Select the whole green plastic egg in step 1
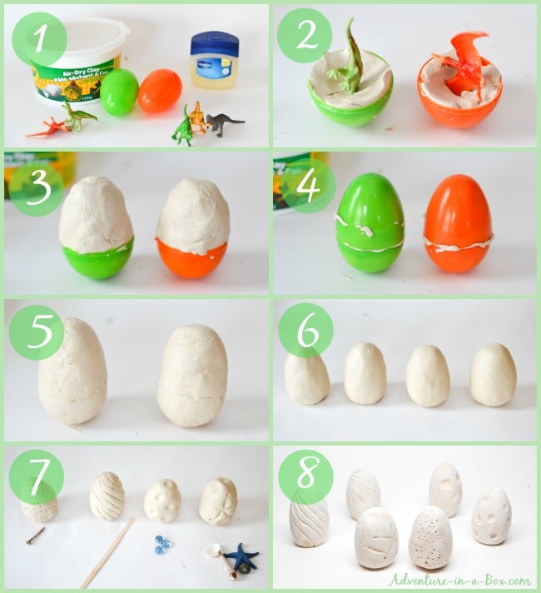click(x=120, y=92)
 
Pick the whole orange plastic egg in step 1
click(x=160, y=91)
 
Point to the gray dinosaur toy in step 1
click(x=224, y=124)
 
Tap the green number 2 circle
click(x=304, y=36)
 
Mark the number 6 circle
click(x=305, y=331)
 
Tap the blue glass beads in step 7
click(x=162, y=543)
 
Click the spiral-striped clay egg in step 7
click(x=107, y=496)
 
